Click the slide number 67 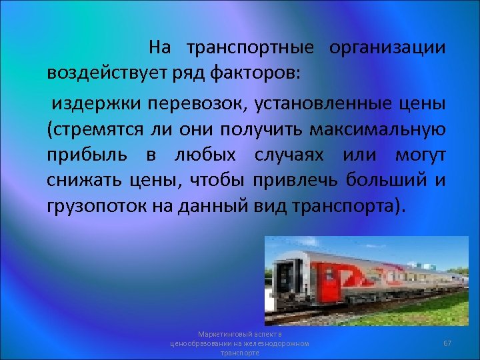click(447, 343)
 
